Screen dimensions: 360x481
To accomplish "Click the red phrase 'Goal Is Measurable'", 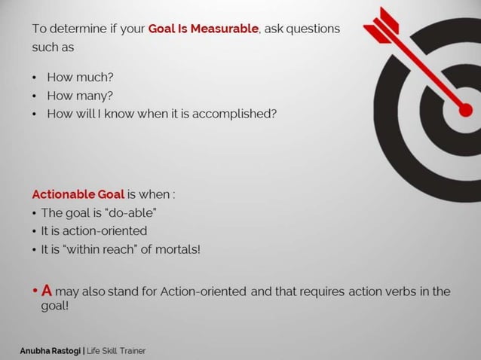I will pyautogui.click(x=202, y=29).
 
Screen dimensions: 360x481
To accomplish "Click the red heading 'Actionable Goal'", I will pyautogui.click(x=78, y=194).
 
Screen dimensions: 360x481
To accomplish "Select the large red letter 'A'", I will pyautogui.click(x=46, y=290).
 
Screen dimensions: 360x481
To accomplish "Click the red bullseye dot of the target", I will pyautogui.click(x=465, y=110).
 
